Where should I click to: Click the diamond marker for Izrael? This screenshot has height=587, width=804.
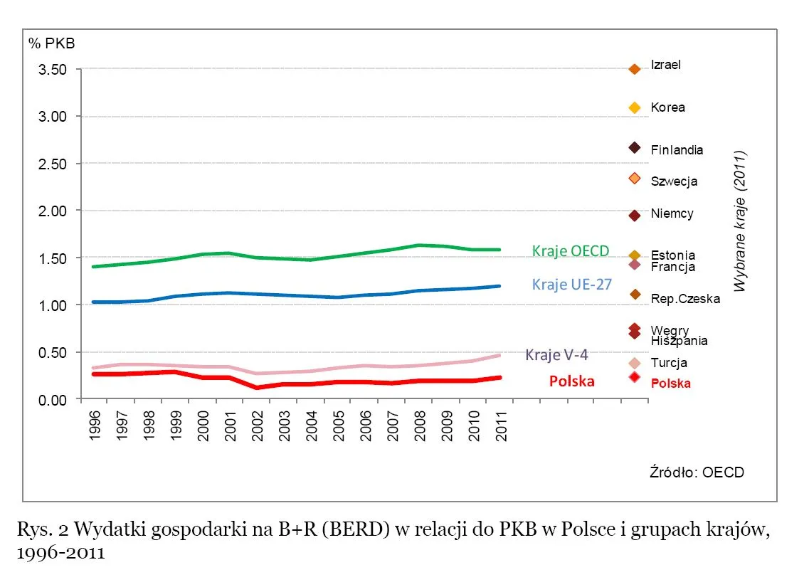(635, 69)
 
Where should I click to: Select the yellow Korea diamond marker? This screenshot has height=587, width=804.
(635, 107)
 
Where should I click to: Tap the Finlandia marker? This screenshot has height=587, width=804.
(635, 147)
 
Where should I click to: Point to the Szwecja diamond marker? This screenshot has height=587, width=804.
(635, 178)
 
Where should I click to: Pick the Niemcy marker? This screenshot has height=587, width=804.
(635, 215)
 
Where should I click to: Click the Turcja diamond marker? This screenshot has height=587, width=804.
(635, 364)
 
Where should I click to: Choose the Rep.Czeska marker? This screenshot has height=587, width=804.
(635, 295)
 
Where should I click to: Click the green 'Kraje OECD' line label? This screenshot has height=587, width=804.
(571, 250)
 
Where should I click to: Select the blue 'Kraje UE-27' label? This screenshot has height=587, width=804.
(571, 285)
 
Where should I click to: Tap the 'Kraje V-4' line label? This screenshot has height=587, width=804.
(556, 354)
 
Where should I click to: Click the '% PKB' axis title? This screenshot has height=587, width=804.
(51, 43)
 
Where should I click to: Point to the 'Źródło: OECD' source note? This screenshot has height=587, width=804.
(697, 472)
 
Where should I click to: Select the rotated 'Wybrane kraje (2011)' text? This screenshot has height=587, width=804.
(740, 221)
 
